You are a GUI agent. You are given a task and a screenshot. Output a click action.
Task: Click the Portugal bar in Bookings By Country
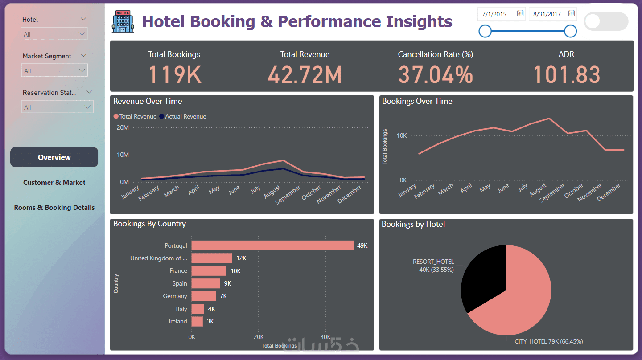[272, 245]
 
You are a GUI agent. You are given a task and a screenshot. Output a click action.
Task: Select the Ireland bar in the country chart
[197, 321]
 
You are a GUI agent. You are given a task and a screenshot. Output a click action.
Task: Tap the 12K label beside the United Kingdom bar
[241, 258]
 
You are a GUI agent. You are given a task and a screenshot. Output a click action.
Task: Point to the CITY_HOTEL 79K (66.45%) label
[548, 341]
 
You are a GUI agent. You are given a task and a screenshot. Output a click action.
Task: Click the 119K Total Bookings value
[174, 74]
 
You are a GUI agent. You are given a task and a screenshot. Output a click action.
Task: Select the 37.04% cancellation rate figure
[435, 74]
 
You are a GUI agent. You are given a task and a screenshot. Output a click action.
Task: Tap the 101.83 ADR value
[566, 74]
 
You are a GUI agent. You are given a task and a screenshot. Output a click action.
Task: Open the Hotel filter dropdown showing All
[54, 34]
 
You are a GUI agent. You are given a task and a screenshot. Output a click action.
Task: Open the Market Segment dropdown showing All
[54, 70]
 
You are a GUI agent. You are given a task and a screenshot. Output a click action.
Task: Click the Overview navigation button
[54, 157]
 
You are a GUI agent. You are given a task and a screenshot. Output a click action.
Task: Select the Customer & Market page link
[54, 183]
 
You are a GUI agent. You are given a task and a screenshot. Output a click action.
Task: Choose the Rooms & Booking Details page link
[54, 208]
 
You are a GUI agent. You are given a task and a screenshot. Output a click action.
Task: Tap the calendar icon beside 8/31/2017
[572, 14]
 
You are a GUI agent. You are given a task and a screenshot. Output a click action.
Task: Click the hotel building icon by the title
[123, 21]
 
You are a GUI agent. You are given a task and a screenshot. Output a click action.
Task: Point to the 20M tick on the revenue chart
[123, 128]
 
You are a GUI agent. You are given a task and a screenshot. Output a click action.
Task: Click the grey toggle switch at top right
[606, 21]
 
